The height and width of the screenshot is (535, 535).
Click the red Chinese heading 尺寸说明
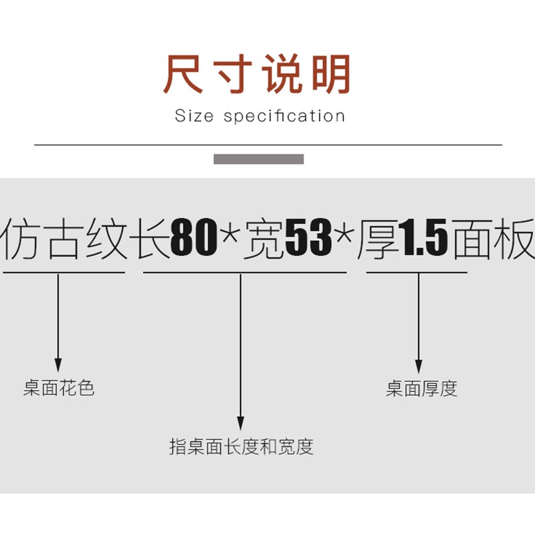[257, 75]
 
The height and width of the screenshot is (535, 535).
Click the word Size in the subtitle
[193, 116]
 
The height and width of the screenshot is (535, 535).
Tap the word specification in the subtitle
[284, 116]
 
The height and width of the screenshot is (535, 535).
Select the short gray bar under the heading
[259, 159]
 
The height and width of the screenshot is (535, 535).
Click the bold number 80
[195, 239]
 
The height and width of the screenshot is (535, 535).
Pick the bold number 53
[309, 239]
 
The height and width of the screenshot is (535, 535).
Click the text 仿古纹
[64, 239]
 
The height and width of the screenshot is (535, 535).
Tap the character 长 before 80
[153, 239]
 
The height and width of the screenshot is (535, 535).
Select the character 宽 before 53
[264, 239]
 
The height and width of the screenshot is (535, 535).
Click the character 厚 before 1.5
[378, 239]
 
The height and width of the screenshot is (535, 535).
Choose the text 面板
[494, 239]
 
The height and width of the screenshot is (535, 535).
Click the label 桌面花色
[59, 389]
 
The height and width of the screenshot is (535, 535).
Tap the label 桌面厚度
[421, 389]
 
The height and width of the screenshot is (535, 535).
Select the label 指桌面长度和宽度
[241, 446]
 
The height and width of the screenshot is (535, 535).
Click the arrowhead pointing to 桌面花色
[58, 364]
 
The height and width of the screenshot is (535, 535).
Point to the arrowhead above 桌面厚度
[419, 366]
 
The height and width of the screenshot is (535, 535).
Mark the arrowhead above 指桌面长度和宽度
[241, 423]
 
